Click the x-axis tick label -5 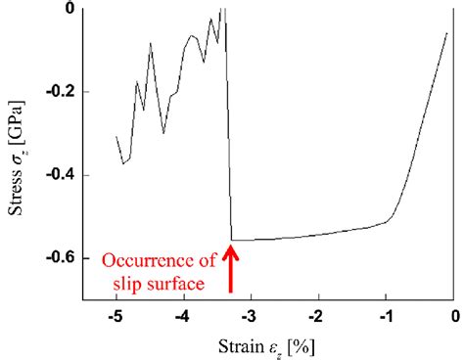point(115,318)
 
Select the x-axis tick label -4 point(182,318)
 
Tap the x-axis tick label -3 point(250,318)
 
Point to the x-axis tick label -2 point(317,318)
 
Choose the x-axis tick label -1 point(386,318)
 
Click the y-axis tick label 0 point(92,9)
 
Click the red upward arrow point(232,270)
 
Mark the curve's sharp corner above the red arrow point(232,240)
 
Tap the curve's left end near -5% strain point(116,137)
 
